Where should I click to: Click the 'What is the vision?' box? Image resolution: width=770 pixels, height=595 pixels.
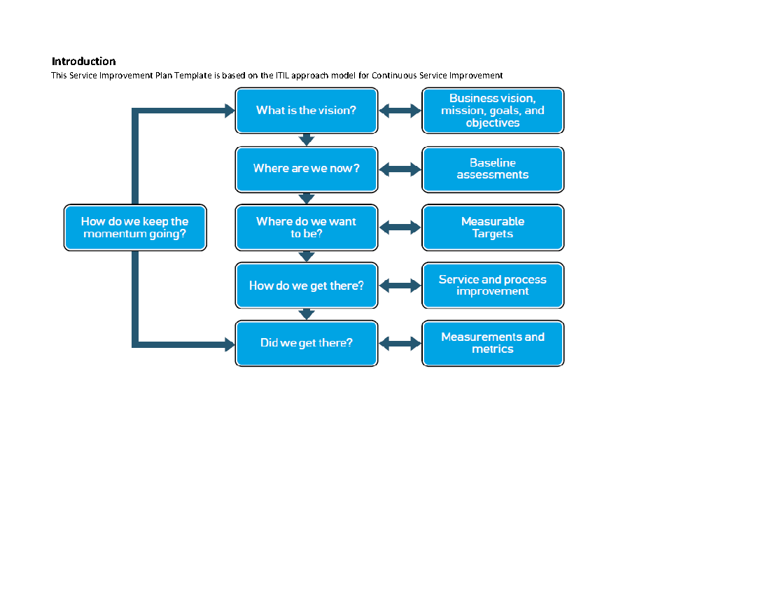point(306,110)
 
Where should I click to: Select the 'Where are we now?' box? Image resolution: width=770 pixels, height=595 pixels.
point(306,169)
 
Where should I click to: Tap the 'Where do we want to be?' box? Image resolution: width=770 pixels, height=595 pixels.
point(306,227)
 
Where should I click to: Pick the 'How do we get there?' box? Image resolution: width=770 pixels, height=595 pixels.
point(306,286)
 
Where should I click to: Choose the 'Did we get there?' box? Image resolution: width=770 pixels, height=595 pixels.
point(306,343)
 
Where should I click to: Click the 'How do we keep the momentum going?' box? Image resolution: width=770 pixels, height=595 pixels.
point(135,227)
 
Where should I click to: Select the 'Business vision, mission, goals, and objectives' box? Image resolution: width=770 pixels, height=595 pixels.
point(493,110)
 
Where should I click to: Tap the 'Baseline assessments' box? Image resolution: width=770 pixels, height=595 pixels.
point(493,169)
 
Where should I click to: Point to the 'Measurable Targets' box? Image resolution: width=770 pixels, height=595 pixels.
point(493,227)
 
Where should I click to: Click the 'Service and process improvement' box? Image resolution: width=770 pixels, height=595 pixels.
point(493,286)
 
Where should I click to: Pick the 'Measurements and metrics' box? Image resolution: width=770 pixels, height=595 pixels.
point(493,343)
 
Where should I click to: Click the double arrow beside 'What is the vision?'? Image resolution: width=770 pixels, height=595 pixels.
point(400,111)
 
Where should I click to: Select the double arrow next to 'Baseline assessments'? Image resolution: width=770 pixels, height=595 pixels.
point(400,169)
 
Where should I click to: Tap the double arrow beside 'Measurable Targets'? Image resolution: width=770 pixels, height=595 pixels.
point(400,227)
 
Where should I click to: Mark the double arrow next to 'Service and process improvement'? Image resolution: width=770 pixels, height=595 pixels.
point(400,286)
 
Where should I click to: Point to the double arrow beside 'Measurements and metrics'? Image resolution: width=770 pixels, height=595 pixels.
point(400,344)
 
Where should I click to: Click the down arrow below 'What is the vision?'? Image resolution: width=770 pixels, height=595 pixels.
point(306,139)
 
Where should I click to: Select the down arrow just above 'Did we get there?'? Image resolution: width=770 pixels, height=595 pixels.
point(306,314)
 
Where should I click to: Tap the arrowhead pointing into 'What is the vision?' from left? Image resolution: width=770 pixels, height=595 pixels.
point(228,111)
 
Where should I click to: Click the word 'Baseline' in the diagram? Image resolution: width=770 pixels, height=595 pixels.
point(493,162)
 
